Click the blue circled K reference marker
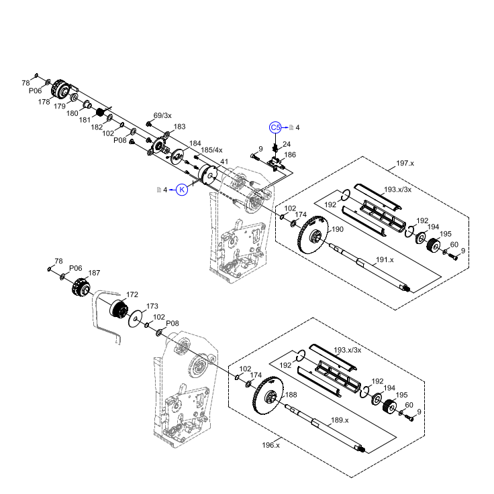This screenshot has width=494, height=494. click(x=182, y=190)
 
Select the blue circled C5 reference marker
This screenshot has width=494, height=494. click(x=275, y=127)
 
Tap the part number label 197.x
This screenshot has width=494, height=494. click(x=405, y=163)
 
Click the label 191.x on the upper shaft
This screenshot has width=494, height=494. click(x=385, y=259)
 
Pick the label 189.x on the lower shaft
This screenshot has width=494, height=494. click(x=339, y=420)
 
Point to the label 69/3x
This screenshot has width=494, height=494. click(x=162, y=115)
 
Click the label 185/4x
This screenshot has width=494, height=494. click(x=211, y=150)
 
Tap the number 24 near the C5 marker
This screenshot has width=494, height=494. click(x=287, y=144)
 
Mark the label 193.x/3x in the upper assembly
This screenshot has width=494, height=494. click(x=397, y=190)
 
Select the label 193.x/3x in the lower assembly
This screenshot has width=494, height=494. click(x=348, y=350)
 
